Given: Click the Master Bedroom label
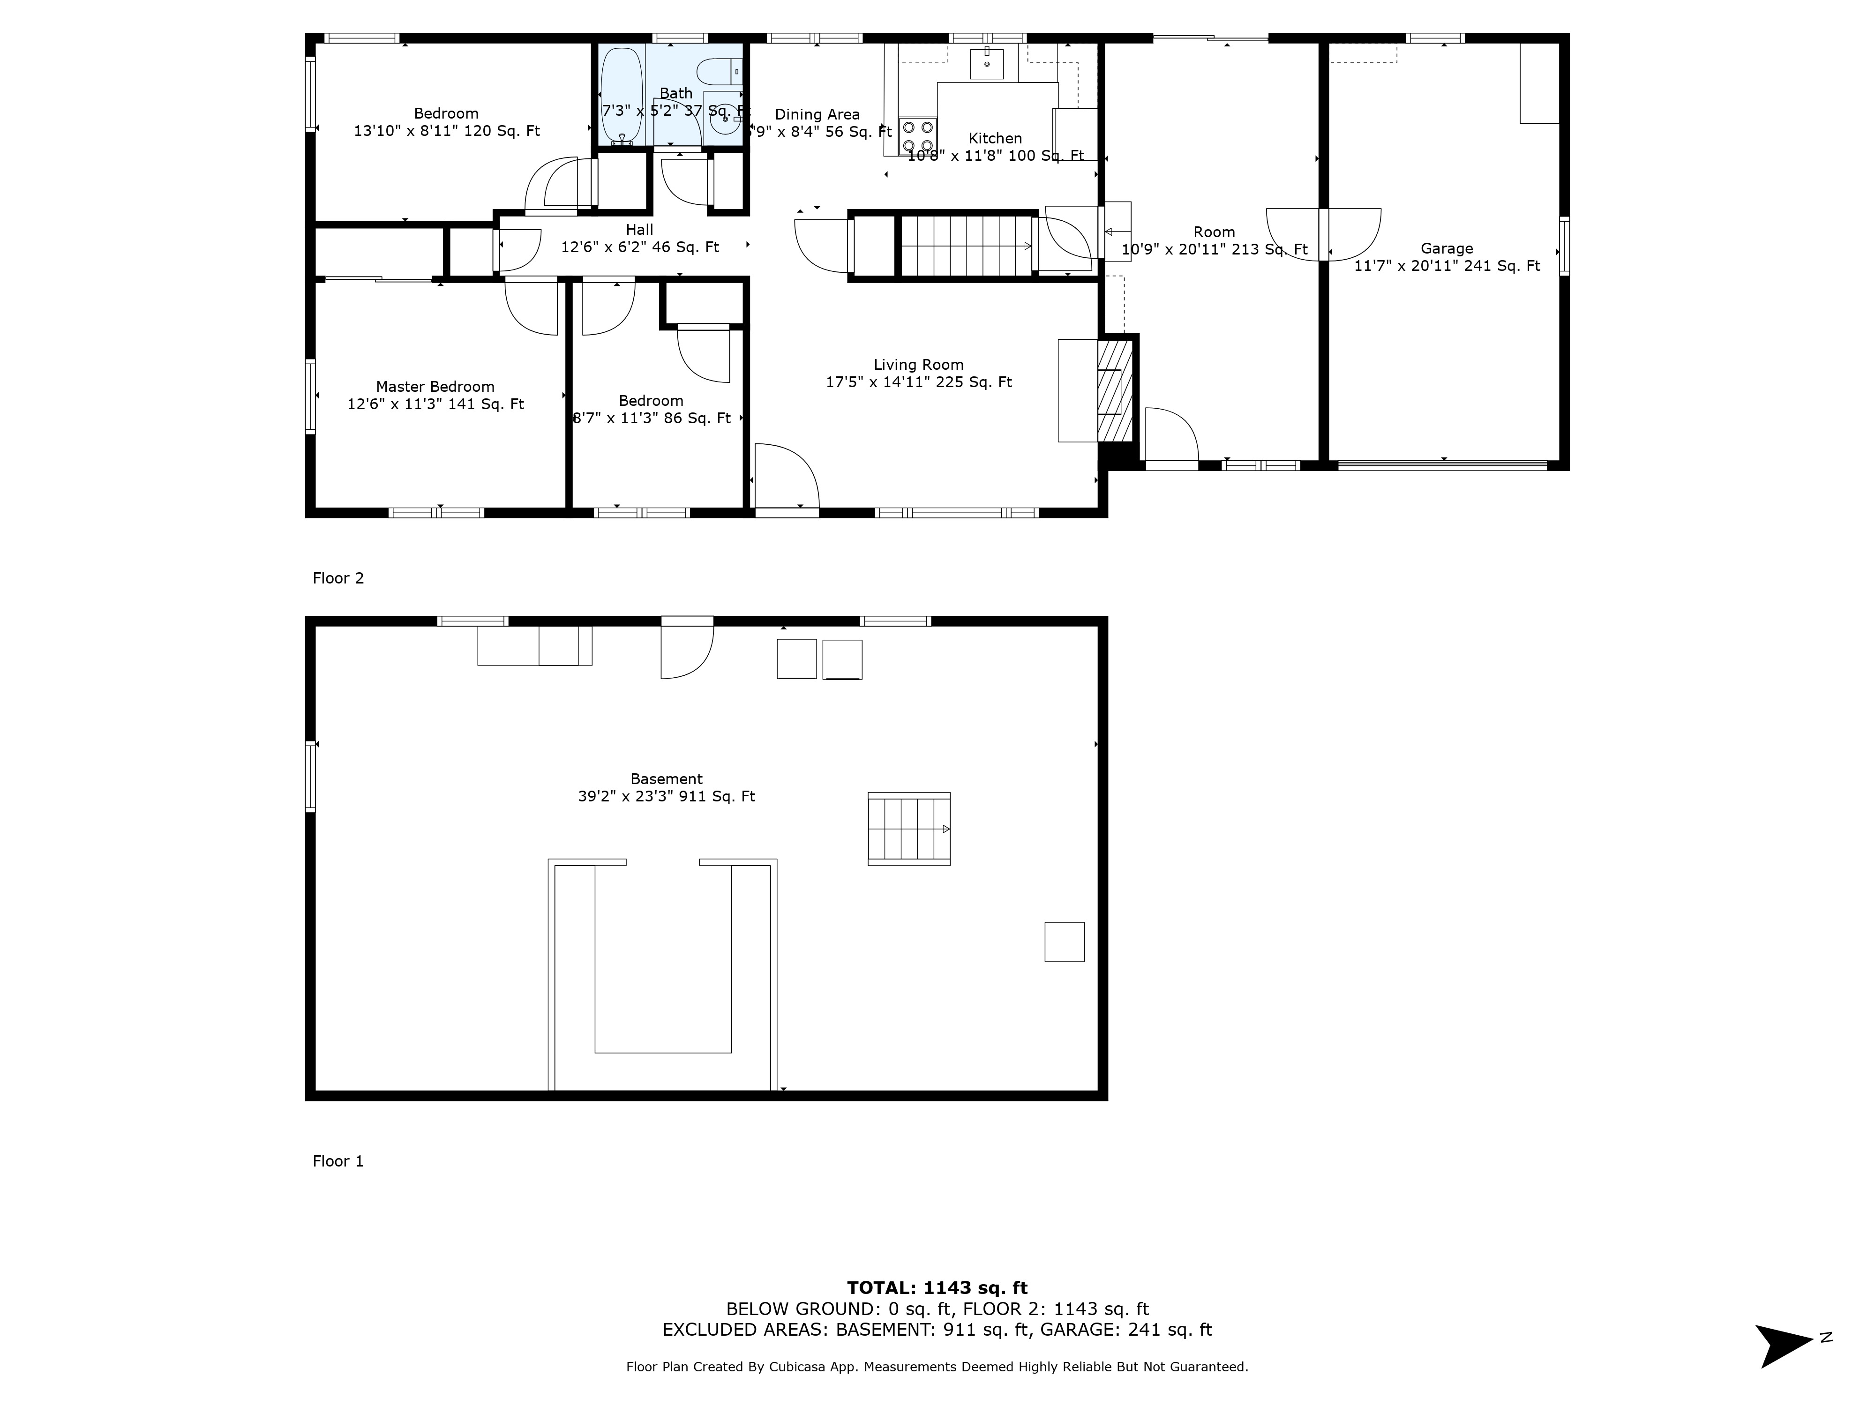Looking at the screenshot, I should click(435, 387).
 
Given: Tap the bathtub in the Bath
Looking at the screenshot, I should click(621, 95).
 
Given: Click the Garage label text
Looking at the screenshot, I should click(1446, 248).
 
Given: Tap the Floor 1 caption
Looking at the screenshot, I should click(337, 1161).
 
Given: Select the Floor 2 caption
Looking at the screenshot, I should click(337, 578).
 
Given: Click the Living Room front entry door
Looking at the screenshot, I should click(787, 479).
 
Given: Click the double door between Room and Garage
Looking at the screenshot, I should click(1323, 233).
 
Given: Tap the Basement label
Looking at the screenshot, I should click(666, 779).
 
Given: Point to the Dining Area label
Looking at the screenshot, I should click(817, 114).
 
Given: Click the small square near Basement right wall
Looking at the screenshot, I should click(1064, 942).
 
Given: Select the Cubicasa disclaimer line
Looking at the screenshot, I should click(937, 1366).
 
